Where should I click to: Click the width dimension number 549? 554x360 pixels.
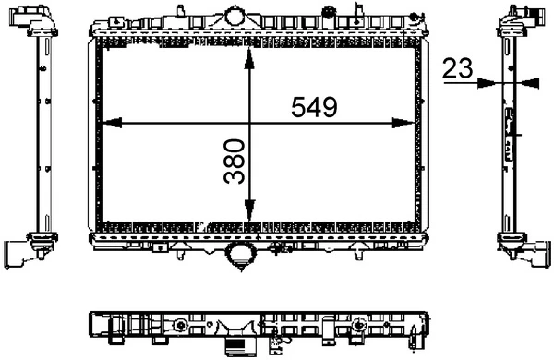pos(314,107)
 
